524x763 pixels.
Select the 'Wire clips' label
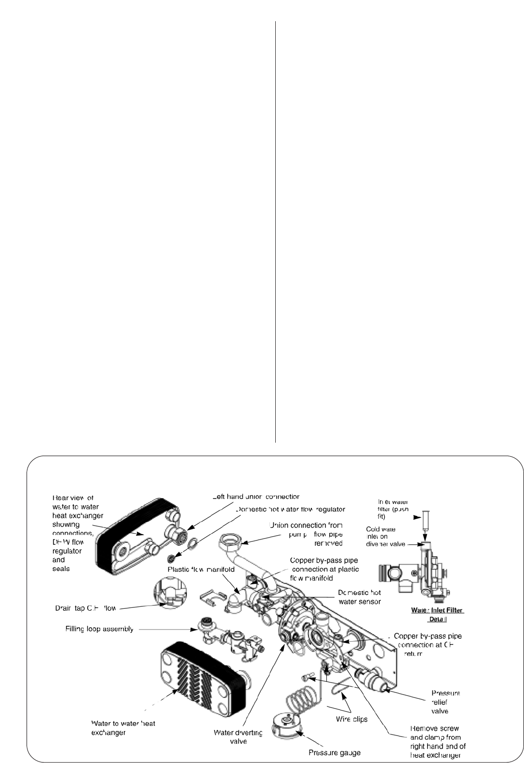(351, 719)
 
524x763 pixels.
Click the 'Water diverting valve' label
(238, 737)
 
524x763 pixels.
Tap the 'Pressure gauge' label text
(335, 752)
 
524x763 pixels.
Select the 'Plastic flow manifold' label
(201, 569)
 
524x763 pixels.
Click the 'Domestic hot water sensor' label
(360, 597)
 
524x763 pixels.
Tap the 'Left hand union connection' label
(256, 497)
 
